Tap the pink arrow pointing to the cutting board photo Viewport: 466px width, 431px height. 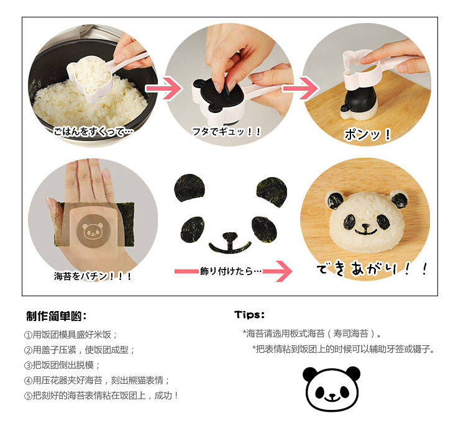pyautogui.click(x=300, y=88)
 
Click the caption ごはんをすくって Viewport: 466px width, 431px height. pyautogui.click(x=93, y=131)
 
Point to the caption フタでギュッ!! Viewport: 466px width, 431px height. pyautogui.click(x=226, y=131)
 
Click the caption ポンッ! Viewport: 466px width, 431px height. pyautogui.click(x=367, y=135)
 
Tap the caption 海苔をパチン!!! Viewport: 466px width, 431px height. pyautogui.click(x=93, y=276)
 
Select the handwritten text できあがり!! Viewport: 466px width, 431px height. pyautogui.click(x=372, y=269)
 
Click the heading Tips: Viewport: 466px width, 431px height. pyautogui.click(x=249, y=315)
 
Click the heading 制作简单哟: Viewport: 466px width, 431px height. pyautogui.click(x=57, y=316)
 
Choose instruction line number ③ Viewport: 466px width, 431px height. pyautogui.click(x=62, y=365)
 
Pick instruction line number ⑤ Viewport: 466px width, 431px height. pyautogui.click(x=101, y=396)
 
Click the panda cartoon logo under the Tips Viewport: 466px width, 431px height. pyautogui.click(x=332, y=389)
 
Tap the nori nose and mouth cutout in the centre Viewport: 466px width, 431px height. pyautogui.click(x=229, y=243)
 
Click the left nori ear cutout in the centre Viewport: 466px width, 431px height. pyautogui.click(x=190, y=188)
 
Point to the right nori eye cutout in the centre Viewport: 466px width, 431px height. pyautogui.click(x=264, y=229)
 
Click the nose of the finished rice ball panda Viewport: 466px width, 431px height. pyautogui.click(x=365, y=227)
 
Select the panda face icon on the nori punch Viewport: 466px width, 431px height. pyautogui.click(x=93, y=231)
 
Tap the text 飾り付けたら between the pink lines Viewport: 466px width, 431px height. pyautogui.click(x=231, y=271)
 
